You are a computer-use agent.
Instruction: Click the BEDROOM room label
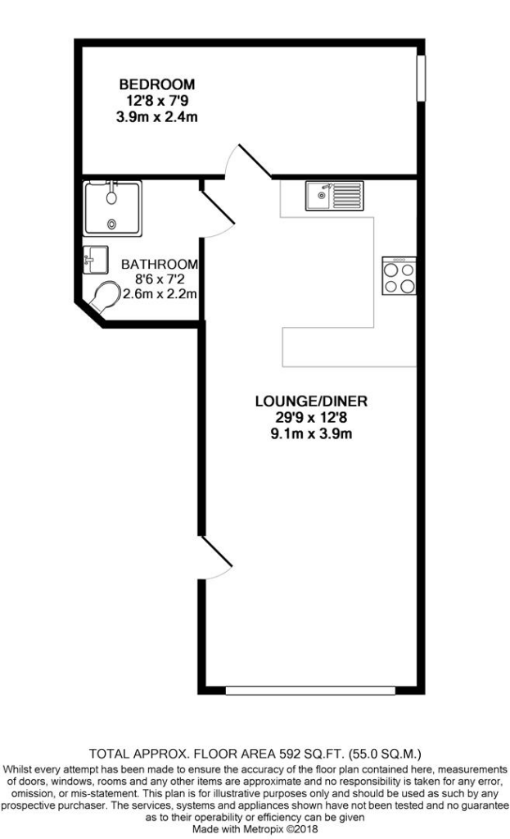click(157, 84)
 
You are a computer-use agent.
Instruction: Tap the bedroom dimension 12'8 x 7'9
click(157, 101)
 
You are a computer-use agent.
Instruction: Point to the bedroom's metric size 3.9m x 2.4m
click(157, 117)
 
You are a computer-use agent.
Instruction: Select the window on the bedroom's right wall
click(421, 79)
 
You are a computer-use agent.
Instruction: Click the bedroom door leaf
click(255, 161)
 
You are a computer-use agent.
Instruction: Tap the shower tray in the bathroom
click(113, 208)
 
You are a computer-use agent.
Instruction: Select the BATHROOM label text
click(160, 265)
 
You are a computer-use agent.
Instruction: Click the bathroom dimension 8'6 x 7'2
click(160, 279)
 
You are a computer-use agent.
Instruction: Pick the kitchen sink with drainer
click(333, 195)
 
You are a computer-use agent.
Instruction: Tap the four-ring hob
click(399, 275)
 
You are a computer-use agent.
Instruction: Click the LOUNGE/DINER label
click(311, 401)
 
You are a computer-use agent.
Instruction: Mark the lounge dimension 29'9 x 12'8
click(311, 418)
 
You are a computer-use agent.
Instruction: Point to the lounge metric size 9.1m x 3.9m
click(311, 434)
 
